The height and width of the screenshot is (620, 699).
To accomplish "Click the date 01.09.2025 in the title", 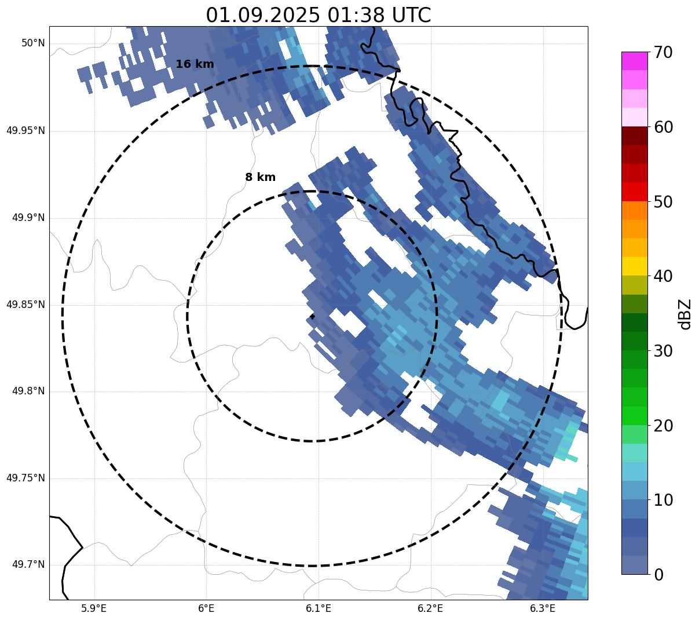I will [x=262, y=15].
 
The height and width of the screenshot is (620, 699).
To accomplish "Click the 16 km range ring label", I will [x=195, y=64].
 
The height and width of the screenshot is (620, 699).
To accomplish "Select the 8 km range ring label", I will [x=260, y=177].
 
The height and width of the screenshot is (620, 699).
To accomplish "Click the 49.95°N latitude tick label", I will [x=25, y=130].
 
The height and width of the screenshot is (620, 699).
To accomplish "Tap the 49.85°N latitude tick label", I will [x=25, y=304].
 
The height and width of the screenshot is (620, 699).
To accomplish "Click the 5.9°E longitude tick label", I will [x=94, y=608].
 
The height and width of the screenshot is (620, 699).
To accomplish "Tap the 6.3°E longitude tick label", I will [x=543, y=608].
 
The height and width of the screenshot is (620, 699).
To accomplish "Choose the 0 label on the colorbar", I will [x=659, y=575].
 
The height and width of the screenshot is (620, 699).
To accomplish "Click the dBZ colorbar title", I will [x=686, y=314].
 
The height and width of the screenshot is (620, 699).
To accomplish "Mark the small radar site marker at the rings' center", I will [x=312, y=316].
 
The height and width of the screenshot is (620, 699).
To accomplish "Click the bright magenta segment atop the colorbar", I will [x=634, y=61].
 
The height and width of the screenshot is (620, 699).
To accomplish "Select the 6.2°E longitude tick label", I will [x=430, y=608].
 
